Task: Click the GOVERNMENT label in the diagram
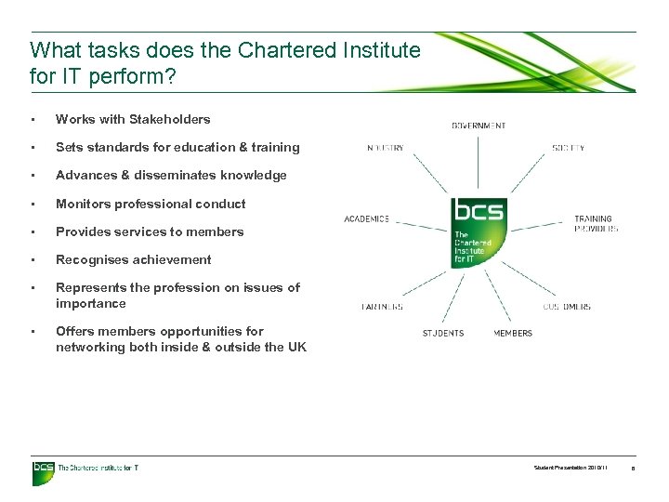479,125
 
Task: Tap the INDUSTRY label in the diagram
385,148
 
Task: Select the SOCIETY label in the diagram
568,148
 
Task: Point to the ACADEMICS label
367,219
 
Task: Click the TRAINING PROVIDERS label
595,224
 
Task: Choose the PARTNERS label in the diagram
382,306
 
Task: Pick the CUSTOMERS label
567,306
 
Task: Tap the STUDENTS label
443,333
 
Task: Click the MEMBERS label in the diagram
513,333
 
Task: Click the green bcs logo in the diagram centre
478,232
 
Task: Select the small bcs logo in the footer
44,468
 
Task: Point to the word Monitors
82,204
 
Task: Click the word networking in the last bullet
88,347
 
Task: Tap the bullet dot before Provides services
33,231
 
